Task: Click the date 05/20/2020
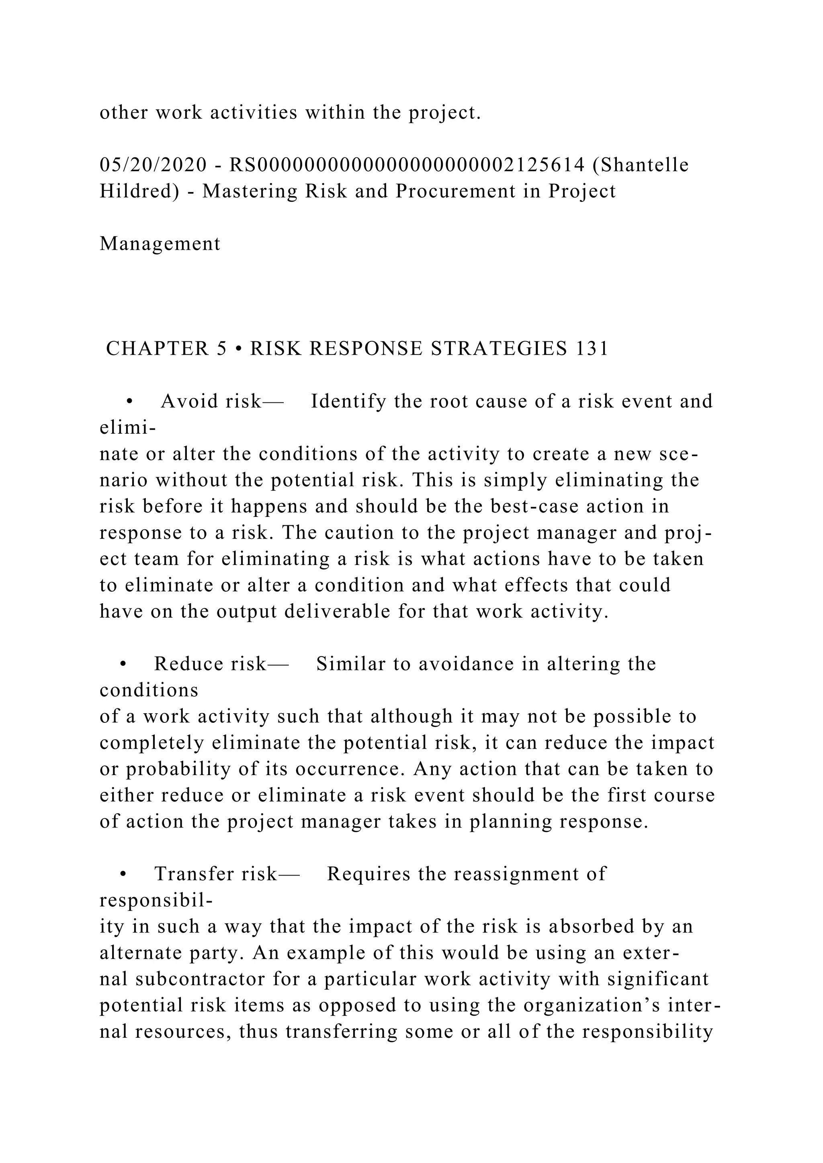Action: click(153, 165)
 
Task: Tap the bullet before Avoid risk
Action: click(129, 402)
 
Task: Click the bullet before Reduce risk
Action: click(123, 664)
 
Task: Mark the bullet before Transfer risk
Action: click(123, 874)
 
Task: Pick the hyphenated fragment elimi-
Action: click(127, 428)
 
